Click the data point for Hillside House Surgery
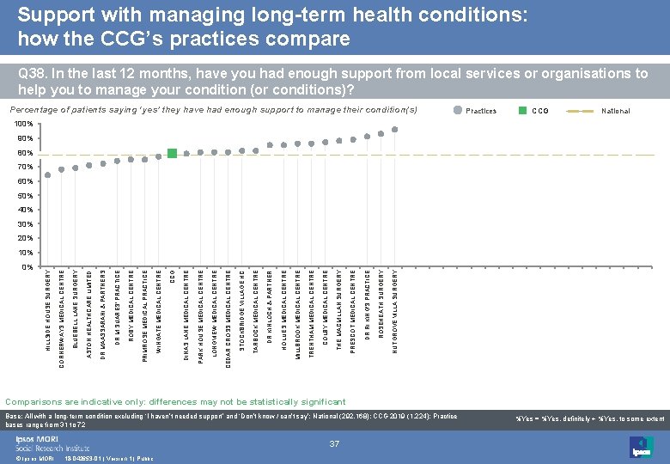[x=48, y=175]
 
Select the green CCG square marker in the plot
[x=172, y=153]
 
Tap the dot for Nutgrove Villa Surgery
[x=394, y=130]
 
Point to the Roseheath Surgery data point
[x=381, y=133]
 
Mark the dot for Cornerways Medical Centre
[x=62, y=169]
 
